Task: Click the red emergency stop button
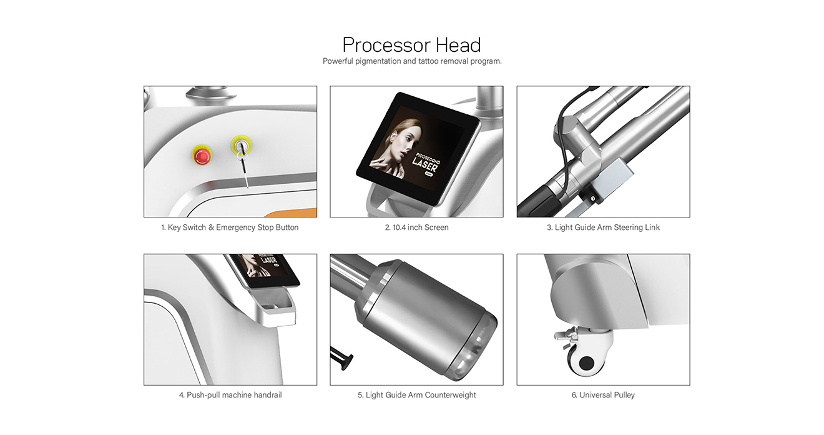(202, 156)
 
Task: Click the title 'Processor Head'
(411, 45)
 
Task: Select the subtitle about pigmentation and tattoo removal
(412, 61)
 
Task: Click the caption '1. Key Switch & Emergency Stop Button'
(230, 227)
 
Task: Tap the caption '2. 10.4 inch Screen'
(416, 227)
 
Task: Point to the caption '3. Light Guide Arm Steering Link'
(603, 227)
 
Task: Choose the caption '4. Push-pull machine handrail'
(230, 395)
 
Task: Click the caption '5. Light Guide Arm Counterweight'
(417, 395)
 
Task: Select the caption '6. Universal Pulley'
(603, 395)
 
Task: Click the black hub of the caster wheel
(586, 363)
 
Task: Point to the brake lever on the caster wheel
(565, 334)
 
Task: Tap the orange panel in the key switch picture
(292, 212)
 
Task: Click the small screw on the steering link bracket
(592, 199)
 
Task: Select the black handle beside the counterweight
(341, 357)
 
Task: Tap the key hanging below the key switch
(244, 169)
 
